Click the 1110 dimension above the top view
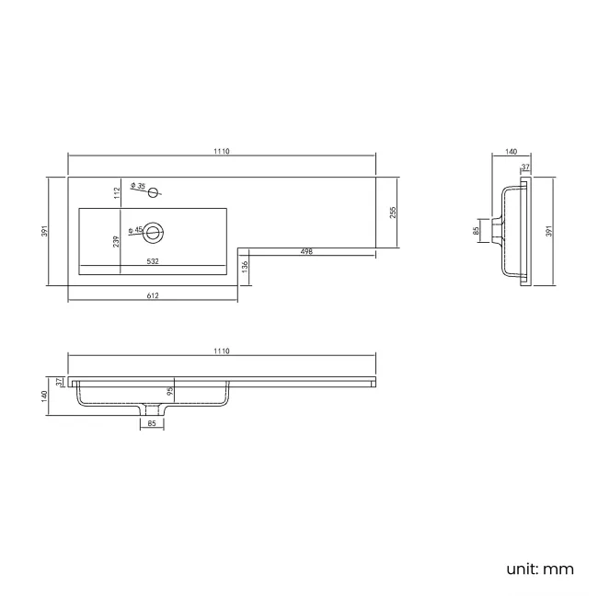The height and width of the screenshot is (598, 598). pyautogui.click(x=222, y=151)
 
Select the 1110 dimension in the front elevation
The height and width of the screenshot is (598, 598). pyautogui.click(x=222, y=351)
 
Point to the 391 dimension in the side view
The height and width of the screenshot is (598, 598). pyautogui.click(x=548, y=232)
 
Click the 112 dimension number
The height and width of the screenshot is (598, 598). pyautogui.click(x=118, y=192)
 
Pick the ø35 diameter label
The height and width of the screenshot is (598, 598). pyautogui.click(x=140, y=187)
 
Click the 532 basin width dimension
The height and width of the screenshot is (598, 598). pyautogui.click(x=154, y=262)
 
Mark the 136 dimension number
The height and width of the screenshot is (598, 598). pyautogui.click(x=244, y=266)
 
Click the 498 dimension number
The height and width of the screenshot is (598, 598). pyautogui.click(x=305, y=252)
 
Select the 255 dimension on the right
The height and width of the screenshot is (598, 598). pyautogui.click(x=393, y=213)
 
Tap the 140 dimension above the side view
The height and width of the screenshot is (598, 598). pyautogui.click(x=512, y=151)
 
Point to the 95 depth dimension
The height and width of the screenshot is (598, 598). pyautogui.click(x=170, y=390)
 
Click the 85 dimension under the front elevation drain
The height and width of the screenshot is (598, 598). pyautogui.click(x=152, y=423)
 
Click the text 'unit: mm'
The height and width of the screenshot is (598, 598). pyautogui.click(x=540, y=569)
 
